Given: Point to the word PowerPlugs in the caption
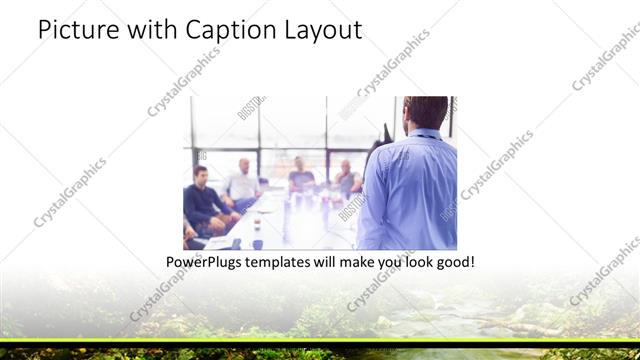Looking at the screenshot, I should (207, 262).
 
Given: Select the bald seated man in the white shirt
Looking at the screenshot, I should (243, 181).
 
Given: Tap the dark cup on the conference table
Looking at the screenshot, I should (257, 243).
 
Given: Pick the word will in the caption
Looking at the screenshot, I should (335, 262).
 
